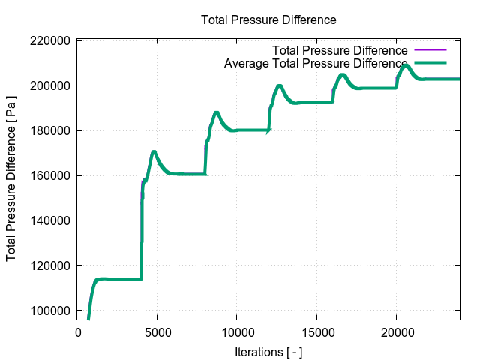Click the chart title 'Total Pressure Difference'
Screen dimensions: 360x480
click(268, 19)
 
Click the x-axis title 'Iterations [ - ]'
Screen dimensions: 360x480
click(268, 352)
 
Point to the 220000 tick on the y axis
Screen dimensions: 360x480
click(51, 40)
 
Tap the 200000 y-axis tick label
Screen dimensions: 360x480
click(51, 85)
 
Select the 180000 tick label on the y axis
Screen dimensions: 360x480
click(51, 130)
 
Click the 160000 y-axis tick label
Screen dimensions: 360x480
click(51, 175)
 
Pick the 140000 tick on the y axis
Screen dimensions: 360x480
click(51, 220)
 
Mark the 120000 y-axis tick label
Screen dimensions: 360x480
click(51, 265)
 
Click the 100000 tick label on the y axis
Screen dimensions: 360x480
click(51, 310)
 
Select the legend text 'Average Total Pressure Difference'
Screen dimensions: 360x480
click(316, 63)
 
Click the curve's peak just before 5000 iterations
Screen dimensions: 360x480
click(154, 152)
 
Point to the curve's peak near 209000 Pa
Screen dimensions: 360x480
click(406, 65)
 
